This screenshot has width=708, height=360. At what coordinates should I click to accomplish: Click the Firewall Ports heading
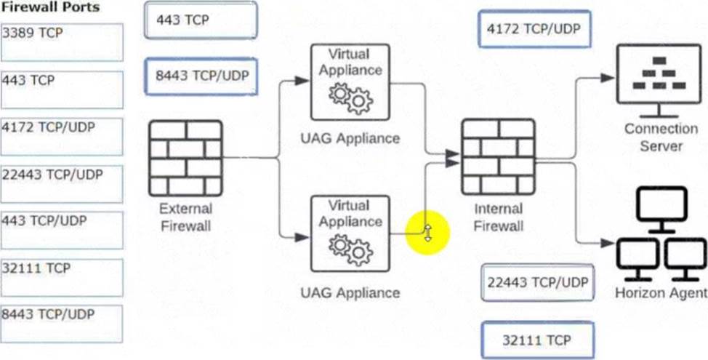point(50,7)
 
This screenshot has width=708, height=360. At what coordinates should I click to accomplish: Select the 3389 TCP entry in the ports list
point(62,42)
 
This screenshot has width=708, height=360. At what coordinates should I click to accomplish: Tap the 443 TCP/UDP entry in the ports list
point(62,231)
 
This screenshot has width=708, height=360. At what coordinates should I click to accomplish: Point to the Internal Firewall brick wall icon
point(498,156)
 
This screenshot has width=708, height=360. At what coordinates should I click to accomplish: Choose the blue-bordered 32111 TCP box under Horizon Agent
point(537,340)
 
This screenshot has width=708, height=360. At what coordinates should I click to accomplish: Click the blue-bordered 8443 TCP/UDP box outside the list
point(201,76)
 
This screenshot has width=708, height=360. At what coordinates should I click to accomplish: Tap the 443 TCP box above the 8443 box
point(201,20)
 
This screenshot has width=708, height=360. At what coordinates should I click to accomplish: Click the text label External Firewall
point(185,217)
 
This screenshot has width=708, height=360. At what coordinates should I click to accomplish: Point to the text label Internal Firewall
point(498,217)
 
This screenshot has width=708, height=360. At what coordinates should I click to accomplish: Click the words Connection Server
point(661,137)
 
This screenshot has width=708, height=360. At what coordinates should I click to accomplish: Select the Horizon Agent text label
point(661,293)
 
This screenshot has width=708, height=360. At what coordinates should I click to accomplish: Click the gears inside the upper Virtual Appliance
point(350,100)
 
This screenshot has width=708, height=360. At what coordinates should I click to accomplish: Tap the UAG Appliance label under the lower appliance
point(350,292)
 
